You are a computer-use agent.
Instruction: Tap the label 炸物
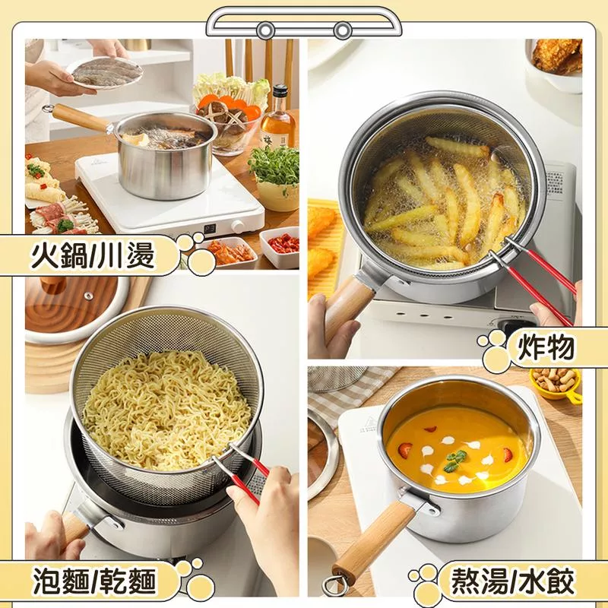coord(546,347)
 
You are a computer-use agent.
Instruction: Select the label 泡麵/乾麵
coord(94,581)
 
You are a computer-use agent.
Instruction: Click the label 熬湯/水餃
coord(511,581)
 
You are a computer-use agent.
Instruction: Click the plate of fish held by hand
coord(105,73)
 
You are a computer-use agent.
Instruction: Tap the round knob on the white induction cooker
coord(238,226)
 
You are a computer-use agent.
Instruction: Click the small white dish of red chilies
coord(280,247)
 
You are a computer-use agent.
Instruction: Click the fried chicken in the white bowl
coord(557,58)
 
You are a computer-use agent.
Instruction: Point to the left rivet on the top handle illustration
coord(265,30)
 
